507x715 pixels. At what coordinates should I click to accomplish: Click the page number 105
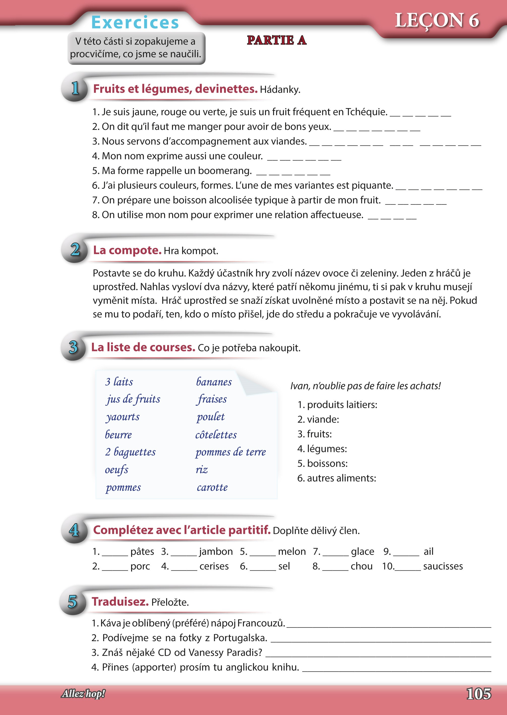coord(478,694)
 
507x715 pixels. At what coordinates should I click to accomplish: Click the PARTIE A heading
coord(276,40)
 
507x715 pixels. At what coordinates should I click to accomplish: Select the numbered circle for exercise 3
coord(73,347)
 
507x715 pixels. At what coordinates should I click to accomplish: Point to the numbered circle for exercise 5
coord(72,601)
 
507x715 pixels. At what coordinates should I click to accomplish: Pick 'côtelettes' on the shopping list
coord(216,434)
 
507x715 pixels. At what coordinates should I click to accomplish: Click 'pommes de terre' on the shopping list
coord(230,452)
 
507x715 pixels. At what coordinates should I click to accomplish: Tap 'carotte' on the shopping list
coord(212,487)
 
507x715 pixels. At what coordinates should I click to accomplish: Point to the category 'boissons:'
coord(327,463)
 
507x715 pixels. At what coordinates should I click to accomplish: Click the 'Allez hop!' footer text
coord(83,694)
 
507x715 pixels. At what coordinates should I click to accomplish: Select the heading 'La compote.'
coord(127,250)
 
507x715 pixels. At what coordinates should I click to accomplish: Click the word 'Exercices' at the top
coord(135,22)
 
